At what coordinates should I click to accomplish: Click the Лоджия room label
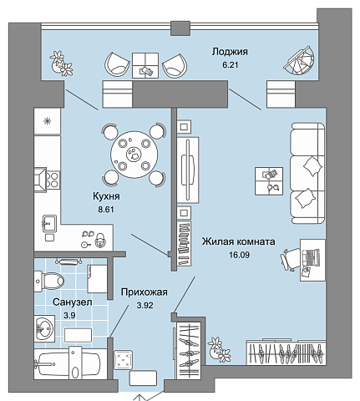[230, 52]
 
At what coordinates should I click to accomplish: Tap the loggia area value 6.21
[230, 65]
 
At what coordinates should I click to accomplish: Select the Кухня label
[106, 196]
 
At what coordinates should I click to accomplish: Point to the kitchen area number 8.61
[106, 210]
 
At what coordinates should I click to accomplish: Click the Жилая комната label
[239, 241]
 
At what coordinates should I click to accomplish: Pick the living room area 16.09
[239, 255]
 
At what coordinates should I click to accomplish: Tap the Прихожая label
[145, 292]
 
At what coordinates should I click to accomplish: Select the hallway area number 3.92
[145, 306]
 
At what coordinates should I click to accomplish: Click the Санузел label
[73, 302]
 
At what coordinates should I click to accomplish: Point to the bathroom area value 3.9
[69, 316]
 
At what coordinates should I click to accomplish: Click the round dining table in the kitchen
[134, 155]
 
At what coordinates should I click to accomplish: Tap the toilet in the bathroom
[49, 281]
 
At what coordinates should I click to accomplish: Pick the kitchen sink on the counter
[48, 224]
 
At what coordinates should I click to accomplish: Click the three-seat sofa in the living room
[307, 173]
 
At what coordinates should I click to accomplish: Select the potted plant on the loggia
[61, 63]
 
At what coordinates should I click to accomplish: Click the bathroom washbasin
[44, 328]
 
